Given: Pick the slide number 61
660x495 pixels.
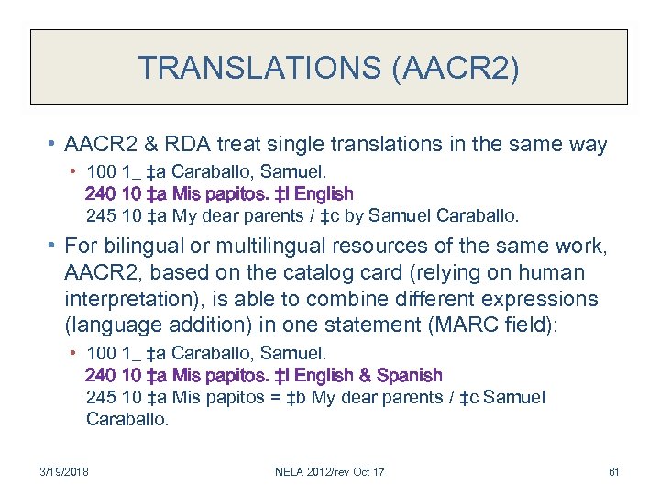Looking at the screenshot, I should click(613, 471).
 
